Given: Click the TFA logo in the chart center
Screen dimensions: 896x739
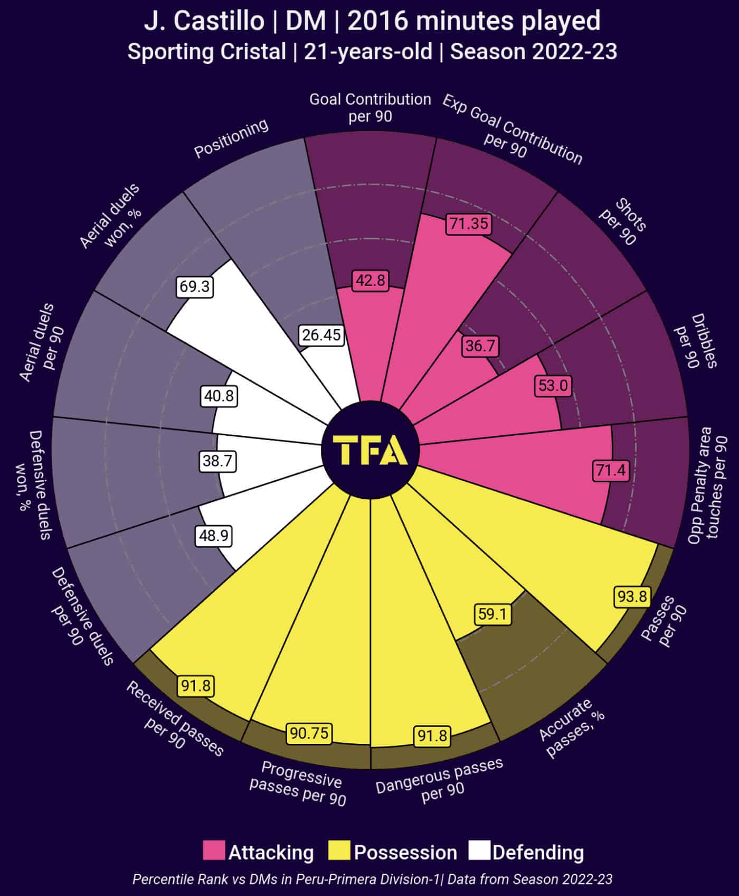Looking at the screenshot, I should coord(370,450).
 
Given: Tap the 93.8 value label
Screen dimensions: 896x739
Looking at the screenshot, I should coord(632,596).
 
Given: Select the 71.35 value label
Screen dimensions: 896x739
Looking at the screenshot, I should coord(469,223).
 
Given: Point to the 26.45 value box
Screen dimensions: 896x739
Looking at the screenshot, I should coord(321,335).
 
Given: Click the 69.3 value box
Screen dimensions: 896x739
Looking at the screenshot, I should coord(195,286).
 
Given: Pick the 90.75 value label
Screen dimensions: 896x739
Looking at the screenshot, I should coord(309,733).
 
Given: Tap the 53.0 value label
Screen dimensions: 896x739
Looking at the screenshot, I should coord(553,386).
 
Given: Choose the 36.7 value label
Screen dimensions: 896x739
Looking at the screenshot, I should coord(480,346).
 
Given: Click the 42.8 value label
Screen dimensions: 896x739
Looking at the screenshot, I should coord(370,280).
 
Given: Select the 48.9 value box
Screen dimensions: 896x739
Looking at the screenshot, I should coord(214,536).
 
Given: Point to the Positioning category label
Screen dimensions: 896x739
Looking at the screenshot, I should coord(231,138).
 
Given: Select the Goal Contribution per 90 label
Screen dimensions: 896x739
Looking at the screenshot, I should coord(370,108).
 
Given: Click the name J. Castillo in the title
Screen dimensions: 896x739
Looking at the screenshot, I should coord(204,21).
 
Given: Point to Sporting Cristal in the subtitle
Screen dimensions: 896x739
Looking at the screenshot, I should coord(206,52).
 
